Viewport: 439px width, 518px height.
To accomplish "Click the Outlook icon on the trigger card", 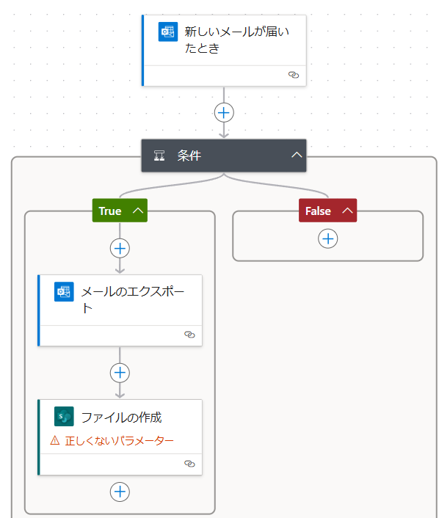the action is (168, 32).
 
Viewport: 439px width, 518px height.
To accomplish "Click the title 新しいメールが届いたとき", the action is (236, 40).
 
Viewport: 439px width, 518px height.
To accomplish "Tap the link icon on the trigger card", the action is (294, 75).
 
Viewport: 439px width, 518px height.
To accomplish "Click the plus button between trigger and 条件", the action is (224, 113).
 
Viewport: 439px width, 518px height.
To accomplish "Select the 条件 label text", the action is (189, 156).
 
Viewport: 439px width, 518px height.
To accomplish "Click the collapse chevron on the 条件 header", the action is (297, 155).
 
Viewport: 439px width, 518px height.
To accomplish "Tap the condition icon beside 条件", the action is (159, 156).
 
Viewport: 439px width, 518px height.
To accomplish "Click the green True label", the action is (110, 211).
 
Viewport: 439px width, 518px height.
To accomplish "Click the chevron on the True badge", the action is (138, 211).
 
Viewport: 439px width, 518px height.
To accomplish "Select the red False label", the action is (318, 211).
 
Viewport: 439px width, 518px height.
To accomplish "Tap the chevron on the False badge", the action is (347, 211).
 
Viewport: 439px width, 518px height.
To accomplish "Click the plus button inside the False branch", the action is (328, 238).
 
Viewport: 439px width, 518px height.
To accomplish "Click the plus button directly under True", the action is (120, 249).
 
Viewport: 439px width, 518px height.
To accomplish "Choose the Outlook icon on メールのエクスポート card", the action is (64, 292).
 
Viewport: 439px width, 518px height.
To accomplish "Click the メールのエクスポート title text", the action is (133, 299).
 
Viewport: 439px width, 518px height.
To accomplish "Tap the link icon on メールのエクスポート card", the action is (189, 335).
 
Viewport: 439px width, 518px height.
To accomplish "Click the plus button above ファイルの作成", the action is (120, 373).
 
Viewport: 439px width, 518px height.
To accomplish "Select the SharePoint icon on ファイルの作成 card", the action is (64, 416).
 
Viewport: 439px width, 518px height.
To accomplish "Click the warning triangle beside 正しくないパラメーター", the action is (55, 440).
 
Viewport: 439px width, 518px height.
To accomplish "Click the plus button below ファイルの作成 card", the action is (120, 492).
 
